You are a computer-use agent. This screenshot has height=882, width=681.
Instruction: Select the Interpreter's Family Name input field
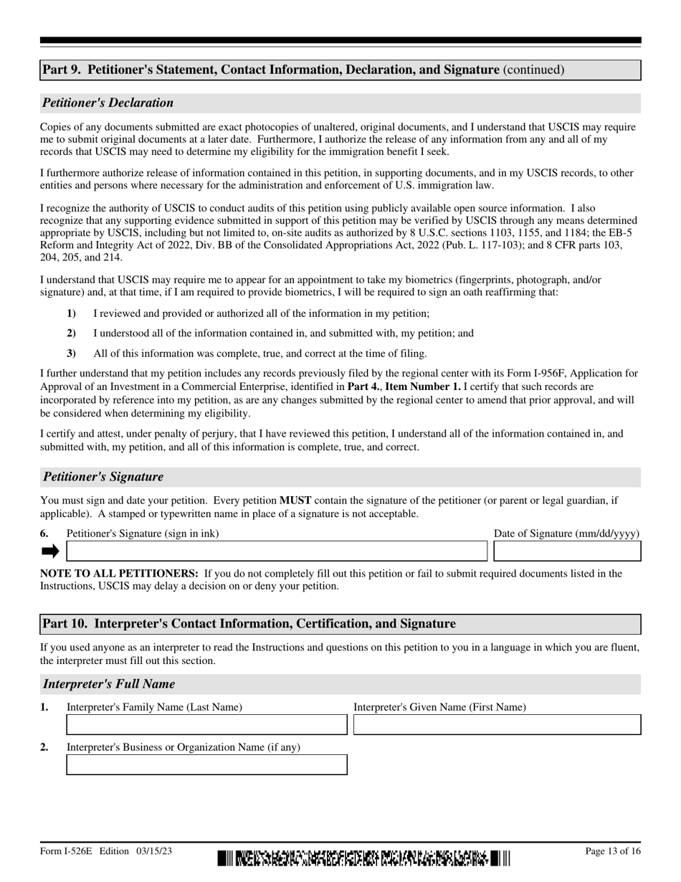206,725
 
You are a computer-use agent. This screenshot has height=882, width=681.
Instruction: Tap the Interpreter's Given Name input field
497,725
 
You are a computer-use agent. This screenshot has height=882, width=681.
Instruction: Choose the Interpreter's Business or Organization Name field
206,765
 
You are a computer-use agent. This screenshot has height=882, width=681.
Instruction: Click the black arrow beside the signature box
50,551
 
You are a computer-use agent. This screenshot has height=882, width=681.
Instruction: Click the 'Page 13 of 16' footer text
613,851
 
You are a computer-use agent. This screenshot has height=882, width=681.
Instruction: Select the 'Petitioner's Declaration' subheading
108,103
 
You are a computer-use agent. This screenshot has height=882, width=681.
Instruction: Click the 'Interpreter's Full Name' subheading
109,684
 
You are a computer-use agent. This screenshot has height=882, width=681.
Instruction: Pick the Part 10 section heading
249,624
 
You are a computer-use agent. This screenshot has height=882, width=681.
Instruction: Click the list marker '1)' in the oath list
71,313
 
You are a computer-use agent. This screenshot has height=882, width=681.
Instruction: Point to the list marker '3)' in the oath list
71,354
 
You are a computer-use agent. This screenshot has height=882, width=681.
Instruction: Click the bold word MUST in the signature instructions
295,501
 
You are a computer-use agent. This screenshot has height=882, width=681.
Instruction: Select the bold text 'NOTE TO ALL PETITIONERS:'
119,574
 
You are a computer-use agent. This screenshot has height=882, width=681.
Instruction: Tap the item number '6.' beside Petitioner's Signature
44,534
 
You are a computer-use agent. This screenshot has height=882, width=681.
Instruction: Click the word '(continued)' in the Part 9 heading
533,70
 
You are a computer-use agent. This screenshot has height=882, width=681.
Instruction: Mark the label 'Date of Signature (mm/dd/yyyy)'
566,534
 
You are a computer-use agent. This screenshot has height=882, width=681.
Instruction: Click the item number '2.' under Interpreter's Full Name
44,747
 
